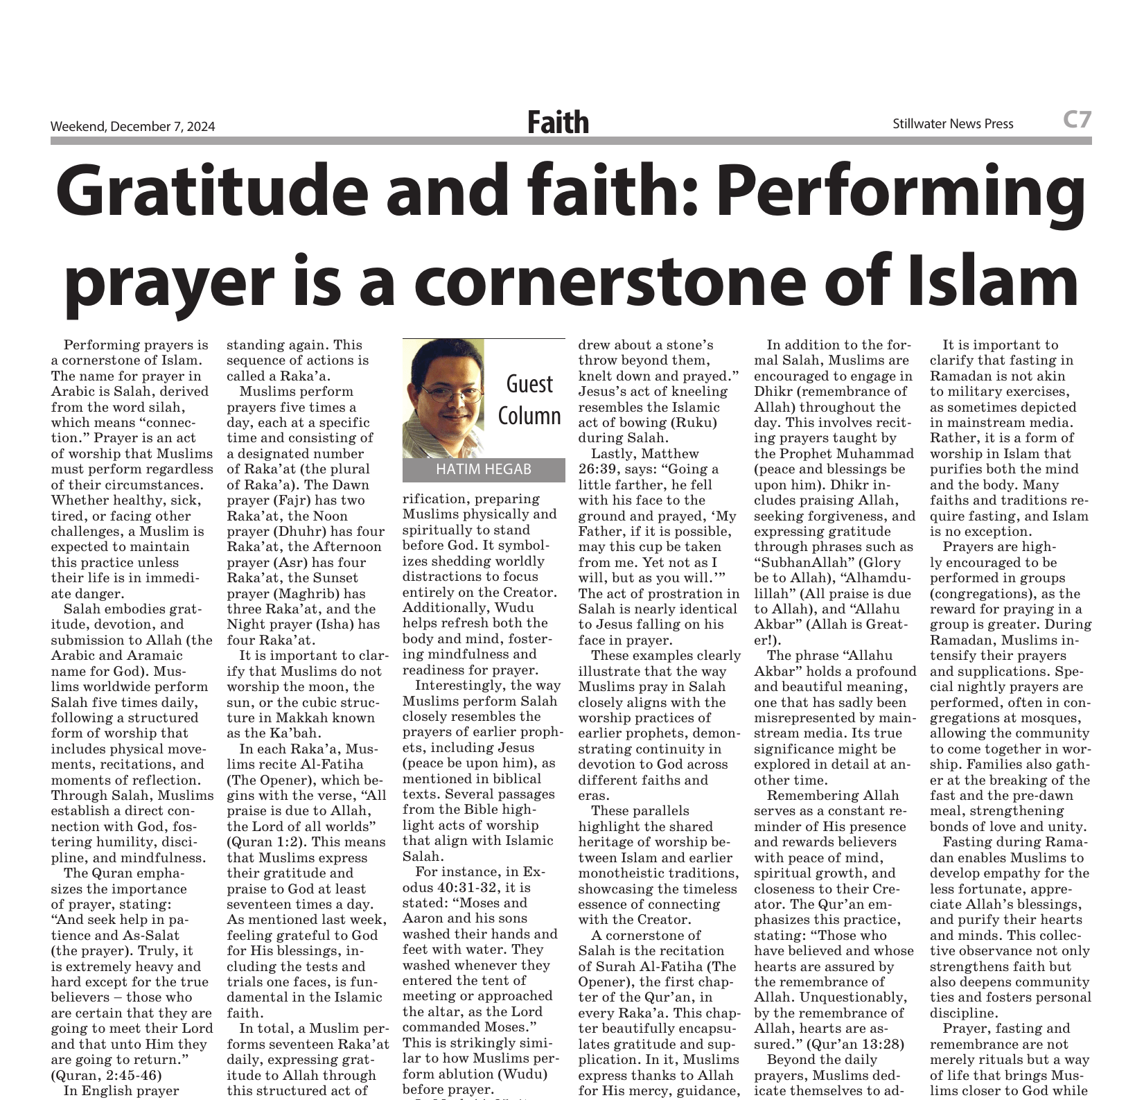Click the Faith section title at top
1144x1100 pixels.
tap(558, 123)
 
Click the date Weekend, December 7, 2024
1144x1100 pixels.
tap(132, 126)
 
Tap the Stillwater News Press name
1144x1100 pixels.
tap(953, 124)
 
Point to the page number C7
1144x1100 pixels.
tap(1077, 120)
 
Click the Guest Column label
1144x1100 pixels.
tap(530, 400)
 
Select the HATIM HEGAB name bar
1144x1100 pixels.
tap(484, 470)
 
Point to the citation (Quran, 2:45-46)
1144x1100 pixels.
tap(106, 1075)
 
